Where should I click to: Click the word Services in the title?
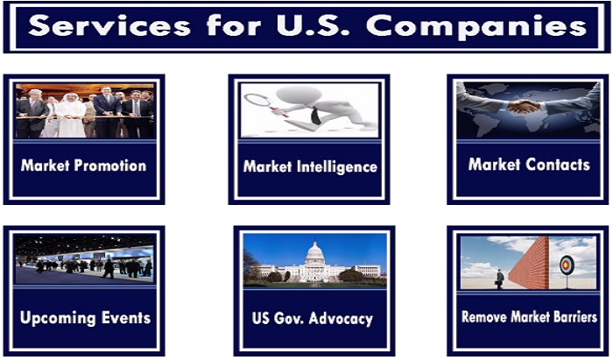(109, 25)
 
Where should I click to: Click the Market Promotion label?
(84, 166)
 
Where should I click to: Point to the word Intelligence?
(337, 167)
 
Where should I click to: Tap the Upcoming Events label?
(85, 318)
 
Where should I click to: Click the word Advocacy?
(341, 319)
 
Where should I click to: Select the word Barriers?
(574, 316)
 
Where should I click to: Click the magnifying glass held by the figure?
(259, 102)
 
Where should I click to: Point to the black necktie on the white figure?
(315, 116)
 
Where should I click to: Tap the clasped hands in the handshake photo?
(524, 106)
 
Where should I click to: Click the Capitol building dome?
(314, 252)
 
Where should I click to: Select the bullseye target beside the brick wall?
(567, 265)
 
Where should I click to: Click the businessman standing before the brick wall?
(500, 279)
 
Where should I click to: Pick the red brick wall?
(529, 265)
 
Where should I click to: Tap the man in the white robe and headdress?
(71, 116)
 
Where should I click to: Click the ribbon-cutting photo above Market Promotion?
(84, 110)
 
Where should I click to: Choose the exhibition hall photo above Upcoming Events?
(84, 258)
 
